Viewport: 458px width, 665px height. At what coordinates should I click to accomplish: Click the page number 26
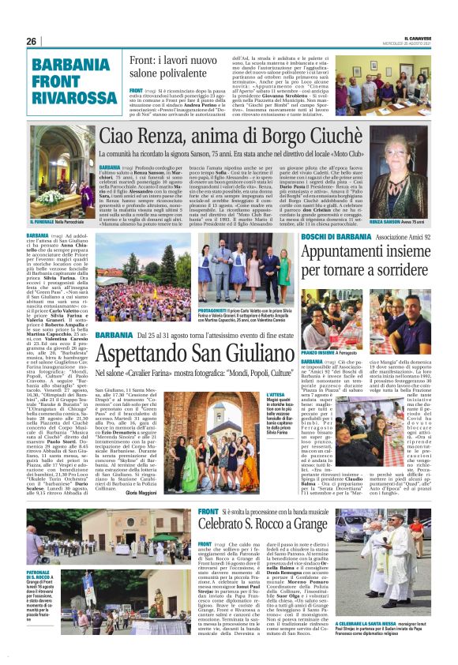pos(32,42)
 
